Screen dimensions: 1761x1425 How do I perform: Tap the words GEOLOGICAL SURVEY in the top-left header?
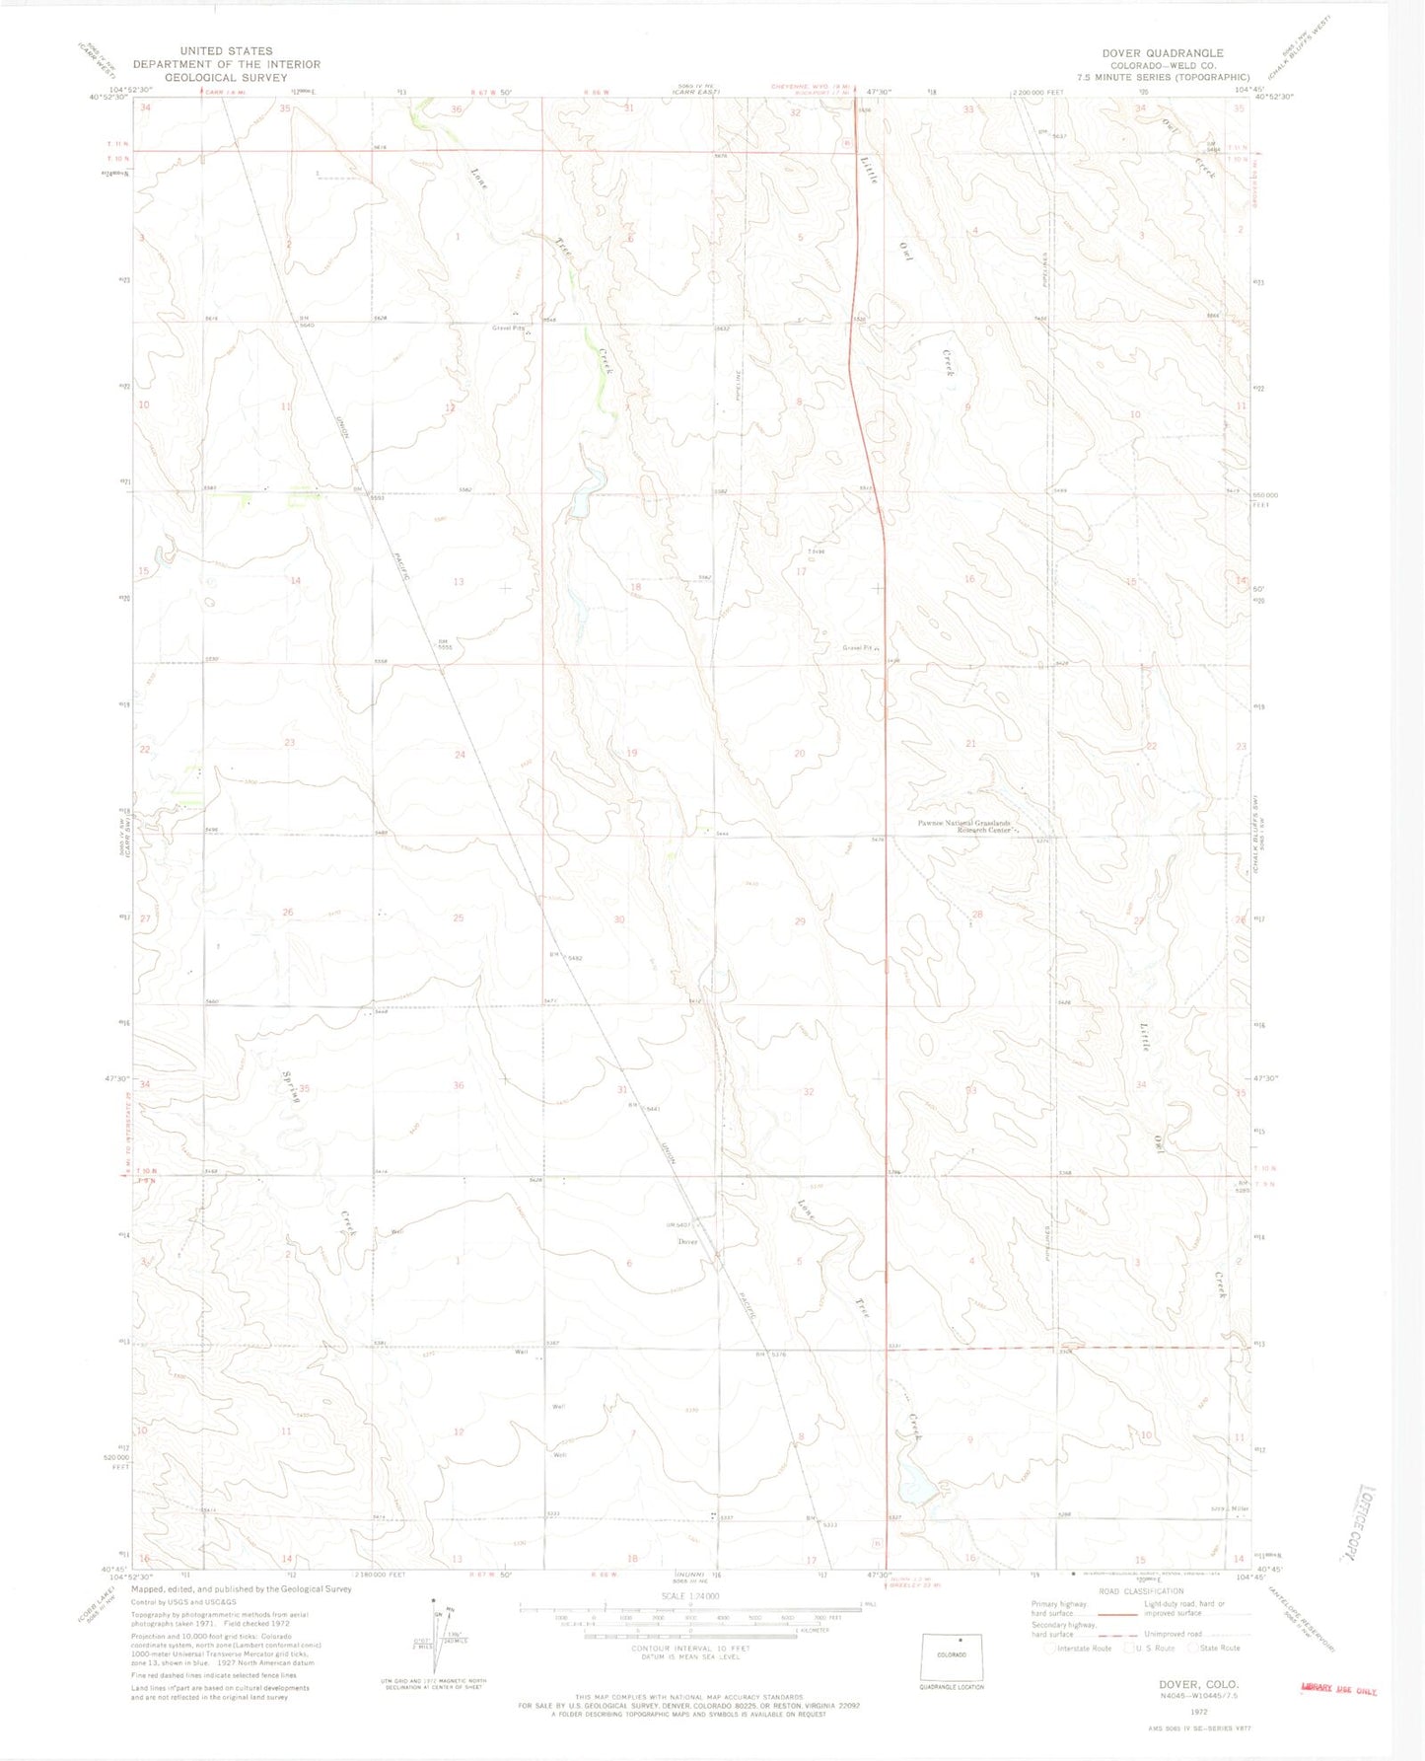click(x=226, y=77)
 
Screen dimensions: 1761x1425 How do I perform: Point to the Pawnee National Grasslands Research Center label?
click(x=965, y=827)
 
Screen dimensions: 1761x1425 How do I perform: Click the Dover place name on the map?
click(x=687, y=1241)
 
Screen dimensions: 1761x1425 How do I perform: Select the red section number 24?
click(x=460, y=755)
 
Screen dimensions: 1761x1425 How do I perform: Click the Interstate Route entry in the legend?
click(x=1083, y=1648)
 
